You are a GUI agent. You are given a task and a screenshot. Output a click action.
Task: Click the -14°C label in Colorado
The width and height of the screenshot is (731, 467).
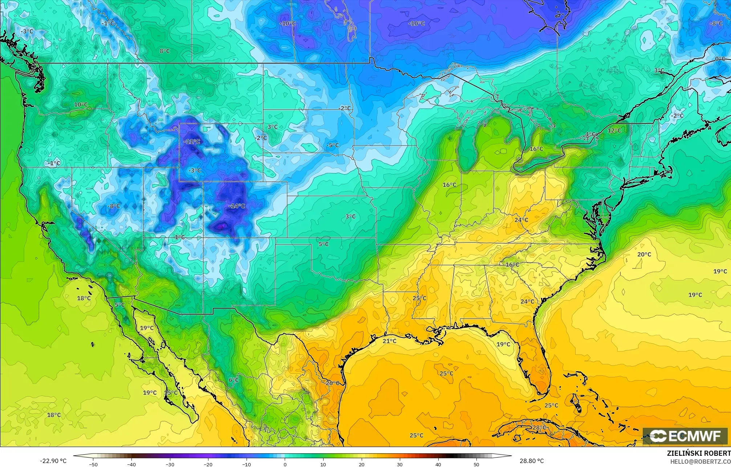tap(237, 206)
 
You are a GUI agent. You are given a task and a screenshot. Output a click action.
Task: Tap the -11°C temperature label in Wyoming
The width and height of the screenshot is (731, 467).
tap(192, 142)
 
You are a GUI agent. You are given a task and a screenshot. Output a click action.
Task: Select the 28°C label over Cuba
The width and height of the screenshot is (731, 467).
tap(539, 428)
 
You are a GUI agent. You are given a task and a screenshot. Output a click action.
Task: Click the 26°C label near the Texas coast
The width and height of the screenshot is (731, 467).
tap(332, 383)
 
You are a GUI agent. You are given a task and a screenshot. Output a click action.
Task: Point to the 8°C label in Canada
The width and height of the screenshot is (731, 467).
tap(165, 51)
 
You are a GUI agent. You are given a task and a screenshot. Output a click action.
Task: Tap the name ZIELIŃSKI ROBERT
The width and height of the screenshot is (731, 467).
tap(699, 453)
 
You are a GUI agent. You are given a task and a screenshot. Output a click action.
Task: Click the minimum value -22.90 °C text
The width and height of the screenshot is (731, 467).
tap(53, 461)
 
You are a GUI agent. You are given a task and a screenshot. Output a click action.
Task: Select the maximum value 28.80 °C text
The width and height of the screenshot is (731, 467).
tap(531, 461)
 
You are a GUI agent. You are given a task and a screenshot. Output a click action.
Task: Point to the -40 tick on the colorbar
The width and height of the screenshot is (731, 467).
tap(131, 464)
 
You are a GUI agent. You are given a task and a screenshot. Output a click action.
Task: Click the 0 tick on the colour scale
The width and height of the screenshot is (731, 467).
tap(285, 464)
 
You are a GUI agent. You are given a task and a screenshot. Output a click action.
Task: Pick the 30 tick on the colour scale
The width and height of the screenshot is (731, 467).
tap(400, 464)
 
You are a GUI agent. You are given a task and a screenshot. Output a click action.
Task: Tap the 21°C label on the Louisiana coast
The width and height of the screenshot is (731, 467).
tap(390, 341)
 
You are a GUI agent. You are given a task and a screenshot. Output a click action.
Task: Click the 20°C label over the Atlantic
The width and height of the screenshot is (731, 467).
tap(644, 254)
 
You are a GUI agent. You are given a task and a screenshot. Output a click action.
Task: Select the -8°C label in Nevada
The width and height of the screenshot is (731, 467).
tap(114, 206)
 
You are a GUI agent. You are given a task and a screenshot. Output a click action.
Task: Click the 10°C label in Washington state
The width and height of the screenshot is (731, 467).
tap(81, 105)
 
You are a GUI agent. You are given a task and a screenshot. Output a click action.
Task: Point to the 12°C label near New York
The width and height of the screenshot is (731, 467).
tap(614, 131)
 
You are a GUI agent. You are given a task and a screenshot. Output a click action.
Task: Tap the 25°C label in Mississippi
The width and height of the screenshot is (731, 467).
tap(419, 298)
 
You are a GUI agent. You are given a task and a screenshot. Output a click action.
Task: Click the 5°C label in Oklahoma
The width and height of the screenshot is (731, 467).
tap(324, 244)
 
